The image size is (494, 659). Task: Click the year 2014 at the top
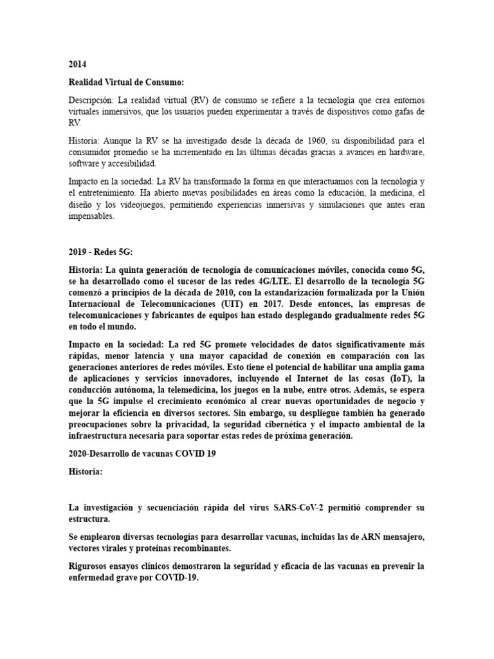tap(77, 65)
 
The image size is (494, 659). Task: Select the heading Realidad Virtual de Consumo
tap(126, 83)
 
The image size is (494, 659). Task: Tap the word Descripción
tap(90, 102)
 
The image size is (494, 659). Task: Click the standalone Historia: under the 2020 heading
tap(86, 471)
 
